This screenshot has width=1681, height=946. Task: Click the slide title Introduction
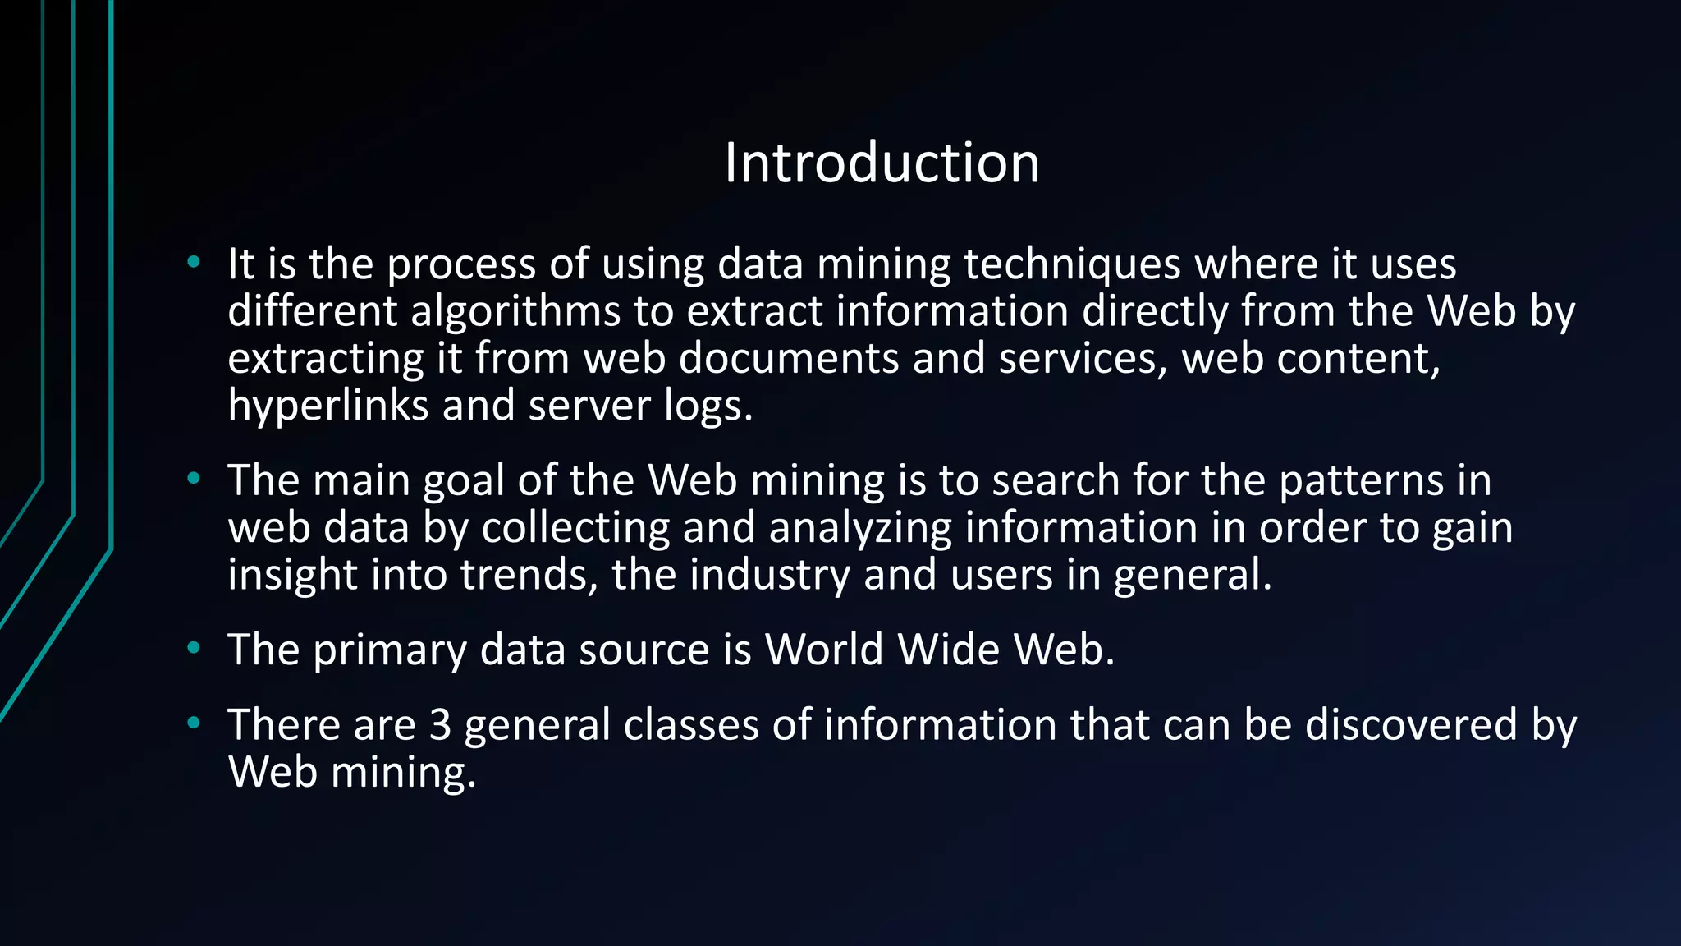882,163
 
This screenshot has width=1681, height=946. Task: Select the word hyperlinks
327,406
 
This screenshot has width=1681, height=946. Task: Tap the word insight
292,575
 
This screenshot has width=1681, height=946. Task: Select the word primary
389,650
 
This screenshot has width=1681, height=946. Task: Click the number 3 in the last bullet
441,725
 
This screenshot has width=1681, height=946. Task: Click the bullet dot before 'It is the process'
194,263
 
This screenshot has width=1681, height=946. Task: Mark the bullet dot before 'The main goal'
194,478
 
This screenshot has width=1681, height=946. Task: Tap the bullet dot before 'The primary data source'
194,648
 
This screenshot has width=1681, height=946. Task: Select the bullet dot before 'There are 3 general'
194,723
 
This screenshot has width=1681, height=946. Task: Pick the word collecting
575,528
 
